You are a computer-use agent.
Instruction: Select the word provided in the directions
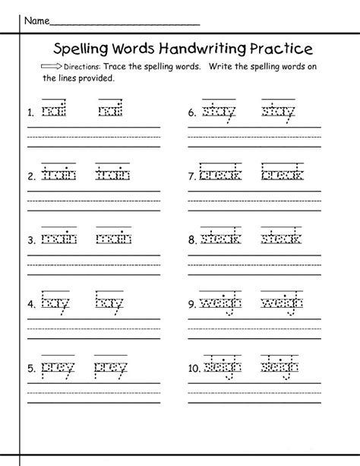point(97,78)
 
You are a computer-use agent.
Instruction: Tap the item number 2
point(30,176)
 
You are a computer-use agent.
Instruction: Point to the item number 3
point(30,240)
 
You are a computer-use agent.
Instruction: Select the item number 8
point(193,240)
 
